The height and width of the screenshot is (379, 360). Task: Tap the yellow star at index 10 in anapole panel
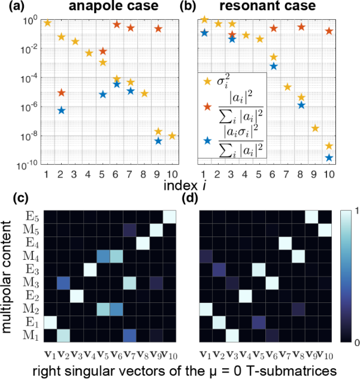[x=172, y=136]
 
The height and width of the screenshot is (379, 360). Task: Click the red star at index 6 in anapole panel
[x=117, y=25]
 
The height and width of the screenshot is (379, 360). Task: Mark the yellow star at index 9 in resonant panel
[x=316, y=128]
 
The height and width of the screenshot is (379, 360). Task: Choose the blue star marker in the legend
[x=207, y=141]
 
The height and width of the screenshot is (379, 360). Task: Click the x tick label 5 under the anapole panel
[x=103, y=174]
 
